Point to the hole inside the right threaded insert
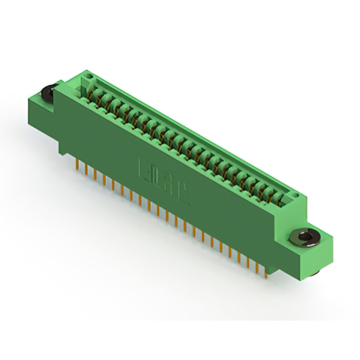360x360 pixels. coord(304,236)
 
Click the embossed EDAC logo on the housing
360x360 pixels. coord(163,181)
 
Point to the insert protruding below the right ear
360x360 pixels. coord(316,272)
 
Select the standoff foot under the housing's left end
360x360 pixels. coord(63,147)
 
